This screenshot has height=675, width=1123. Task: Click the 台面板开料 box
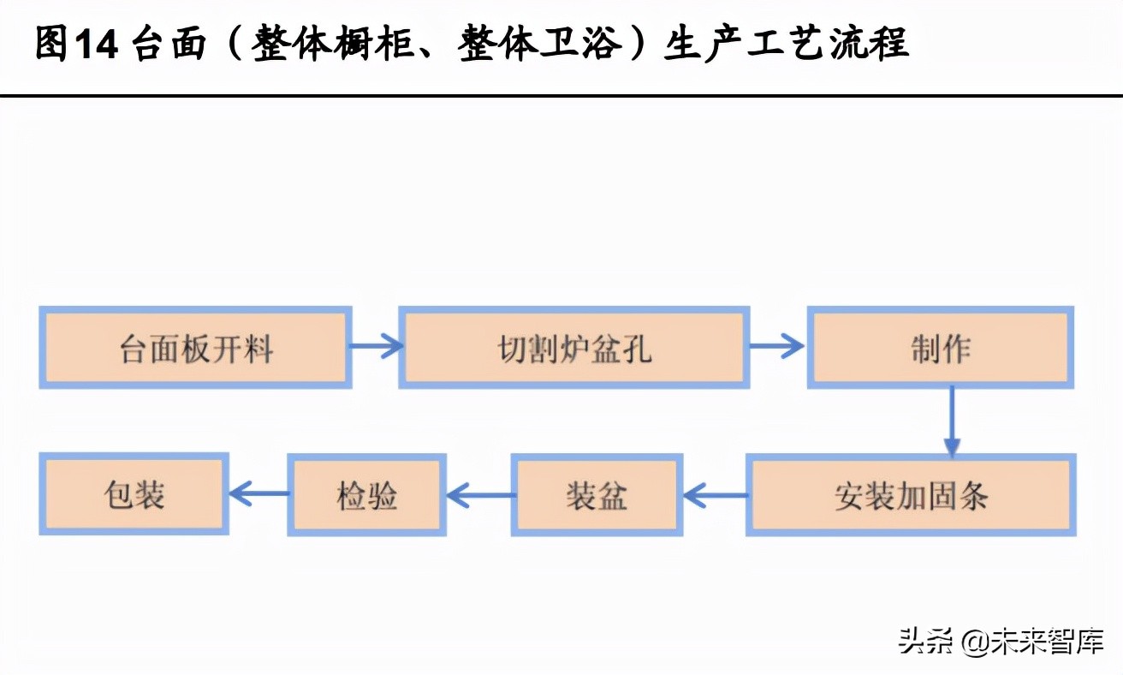195,347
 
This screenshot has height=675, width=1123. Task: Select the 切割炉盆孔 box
574,347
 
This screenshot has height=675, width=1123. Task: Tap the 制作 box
940,347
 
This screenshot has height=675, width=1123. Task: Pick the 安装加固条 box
911,495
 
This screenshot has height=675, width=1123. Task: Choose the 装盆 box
597,495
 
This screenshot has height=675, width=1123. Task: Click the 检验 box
366,495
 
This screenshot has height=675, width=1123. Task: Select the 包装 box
134,495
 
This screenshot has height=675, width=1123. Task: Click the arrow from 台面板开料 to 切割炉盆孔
376,347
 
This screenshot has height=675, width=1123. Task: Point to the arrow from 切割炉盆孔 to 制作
776,347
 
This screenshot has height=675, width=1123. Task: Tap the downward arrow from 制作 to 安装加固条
952,420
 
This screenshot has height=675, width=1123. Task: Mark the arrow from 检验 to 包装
258,493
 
